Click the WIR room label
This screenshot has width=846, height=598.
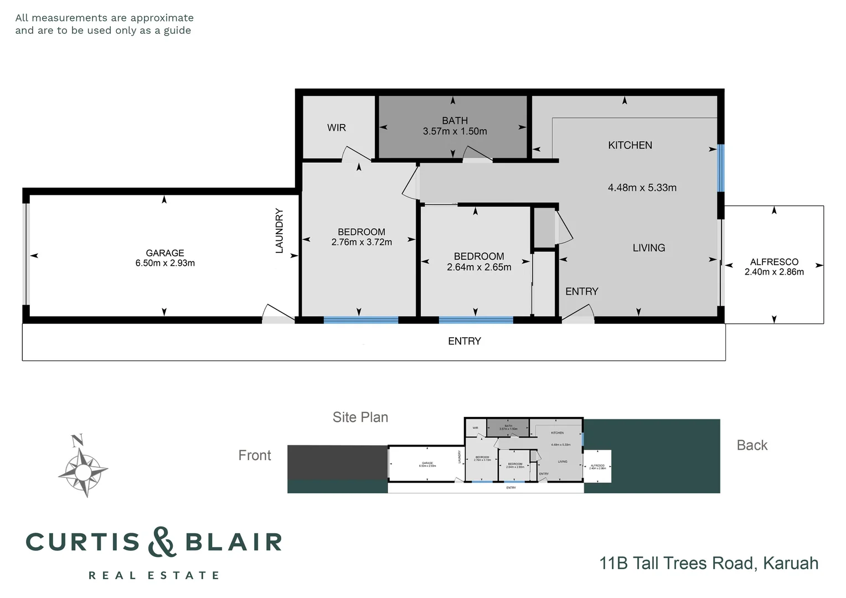click(x=336, y=128)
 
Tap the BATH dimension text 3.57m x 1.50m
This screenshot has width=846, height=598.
click(x=455, y=132)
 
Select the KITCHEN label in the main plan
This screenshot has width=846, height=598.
click(x=630, y=146)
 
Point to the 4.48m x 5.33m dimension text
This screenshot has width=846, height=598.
click(x=642, y=188)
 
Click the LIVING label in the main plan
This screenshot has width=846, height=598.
click(x=648, y=248)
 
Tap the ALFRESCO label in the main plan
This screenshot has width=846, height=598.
click(x=773, y=262)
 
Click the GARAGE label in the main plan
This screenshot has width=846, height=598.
click(x=165, y=253)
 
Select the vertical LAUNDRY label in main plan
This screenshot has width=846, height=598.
click(x=280, y=231)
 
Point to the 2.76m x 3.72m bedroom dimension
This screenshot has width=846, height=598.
click(x=362, y=243)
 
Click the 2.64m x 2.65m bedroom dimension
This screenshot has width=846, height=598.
click(x=479, y=267)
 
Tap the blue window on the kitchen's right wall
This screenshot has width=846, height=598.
click(x=721, y=168)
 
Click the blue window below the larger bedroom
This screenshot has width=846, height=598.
click(x=360, y=320)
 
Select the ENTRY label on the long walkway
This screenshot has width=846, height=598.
click(x=464, y=342)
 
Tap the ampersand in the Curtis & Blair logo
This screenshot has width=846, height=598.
click(x=162, y=542)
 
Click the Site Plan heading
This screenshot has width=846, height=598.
click(x=360, y=417)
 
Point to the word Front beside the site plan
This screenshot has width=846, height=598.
click(x=254, y=456)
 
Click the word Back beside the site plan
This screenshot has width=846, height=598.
click(x=751, y=446)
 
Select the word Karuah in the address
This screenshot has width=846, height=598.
click(x=790, y=564)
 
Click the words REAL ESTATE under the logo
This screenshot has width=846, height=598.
click(x=154, y=576)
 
